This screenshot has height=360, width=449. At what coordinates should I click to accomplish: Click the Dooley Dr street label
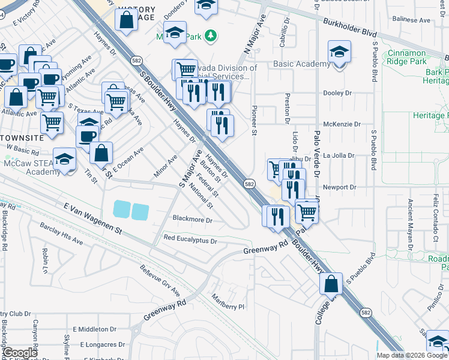[337, 93]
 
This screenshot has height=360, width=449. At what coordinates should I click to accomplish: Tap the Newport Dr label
[339, 187]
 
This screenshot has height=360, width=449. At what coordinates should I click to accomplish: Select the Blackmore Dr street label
[193, 220]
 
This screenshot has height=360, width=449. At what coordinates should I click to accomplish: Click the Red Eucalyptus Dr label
[190, 240]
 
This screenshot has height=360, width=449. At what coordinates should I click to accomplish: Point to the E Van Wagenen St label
[92, 218]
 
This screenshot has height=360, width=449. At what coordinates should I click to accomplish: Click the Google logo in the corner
[20, 352]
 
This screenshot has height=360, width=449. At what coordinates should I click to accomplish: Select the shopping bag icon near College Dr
[331, 283]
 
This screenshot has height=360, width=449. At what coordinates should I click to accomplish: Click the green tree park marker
[211, 37]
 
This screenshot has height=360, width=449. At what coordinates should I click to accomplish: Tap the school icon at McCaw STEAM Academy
[64, 160]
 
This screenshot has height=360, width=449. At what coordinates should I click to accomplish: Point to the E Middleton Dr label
[95, 329]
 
